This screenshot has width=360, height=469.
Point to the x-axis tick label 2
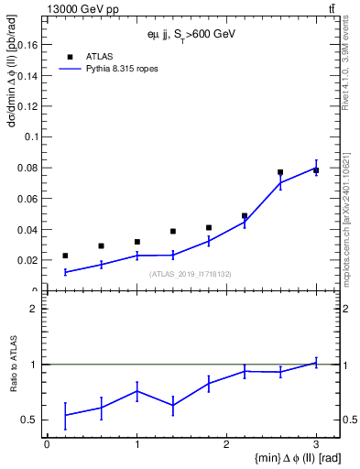(x=226, y=444)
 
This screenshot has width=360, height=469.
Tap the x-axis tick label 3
(x=316, y=444)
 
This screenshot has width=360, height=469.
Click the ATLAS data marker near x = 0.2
(x=65, y=256)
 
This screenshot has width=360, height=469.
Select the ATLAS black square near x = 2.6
(x=280, y=172)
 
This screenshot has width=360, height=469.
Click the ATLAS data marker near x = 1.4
(x=172, y=231)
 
